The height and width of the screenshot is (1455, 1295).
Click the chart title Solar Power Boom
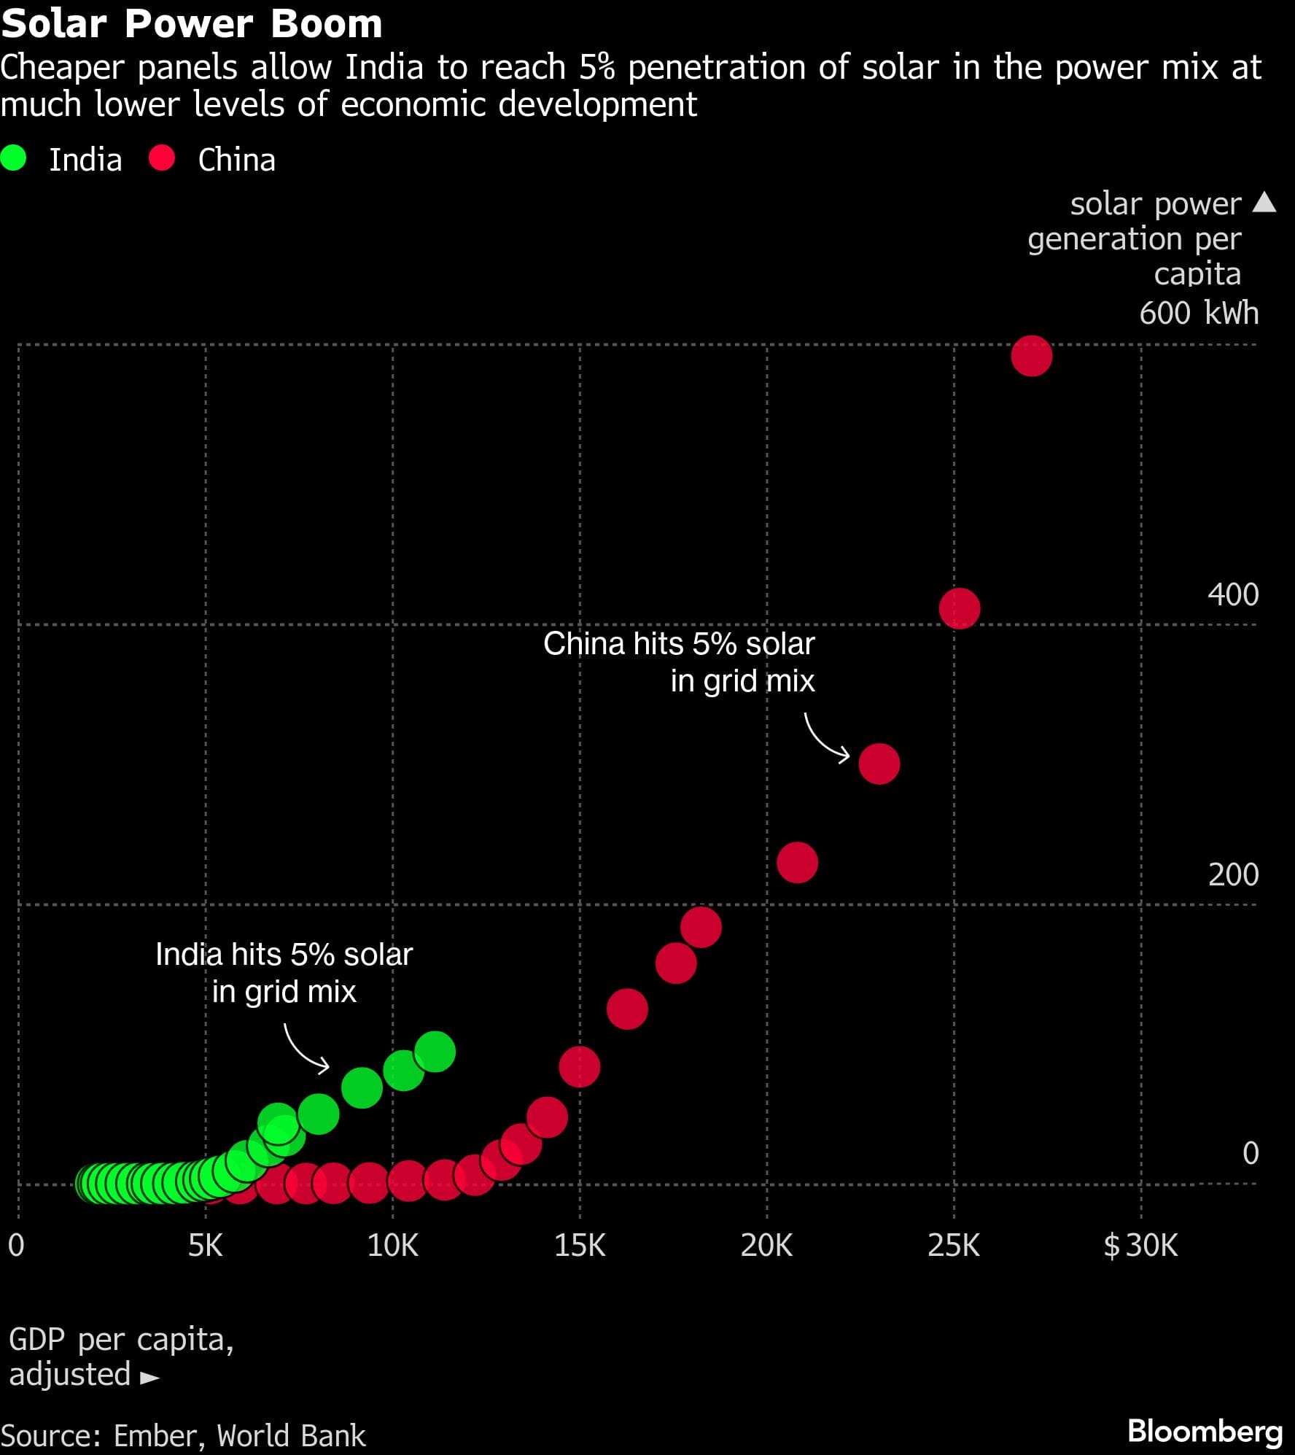pos(192,24)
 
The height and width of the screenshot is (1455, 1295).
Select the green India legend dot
pos(14,158)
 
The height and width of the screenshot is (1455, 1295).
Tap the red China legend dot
pos(162,158)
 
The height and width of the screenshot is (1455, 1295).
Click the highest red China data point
pos(1031,356)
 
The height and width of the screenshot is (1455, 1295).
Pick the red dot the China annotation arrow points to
pos(879,764)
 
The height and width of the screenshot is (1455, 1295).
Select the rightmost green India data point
pos(435,1052)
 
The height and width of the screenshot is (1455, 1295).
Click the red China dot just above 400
pos(959,608)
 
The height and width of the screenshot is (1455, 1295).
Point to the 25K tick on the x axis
pos(953,1246)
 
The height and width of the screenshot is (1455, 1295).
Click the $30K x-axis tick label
pos(1140,1246)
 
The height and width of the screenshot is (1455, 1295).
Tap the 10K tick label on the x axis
pos(392,1246)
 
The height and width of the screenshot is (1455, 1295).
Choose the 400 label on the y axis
pos(1232,594)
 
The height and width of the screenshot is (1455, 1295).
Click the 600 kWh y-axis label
pos(1199,313)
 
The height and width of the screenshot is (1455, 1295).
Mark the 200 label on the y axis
pos(1233,874)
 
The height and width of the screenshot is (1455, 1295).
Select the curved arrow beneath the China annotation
pos(825,739)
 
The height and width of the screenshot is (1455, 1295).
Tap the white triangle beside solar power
pos(1264,202)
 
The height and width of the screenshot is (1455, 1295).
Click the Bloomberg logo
pos(1205,1431)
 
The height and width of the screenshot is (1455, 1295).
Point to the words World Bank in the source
pos(291,1435)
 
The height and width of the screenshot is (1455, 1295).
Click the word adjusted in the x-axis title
pos(70,1374)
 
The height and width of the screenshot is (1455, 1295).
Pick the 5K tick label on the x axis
pos(205,1246)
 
